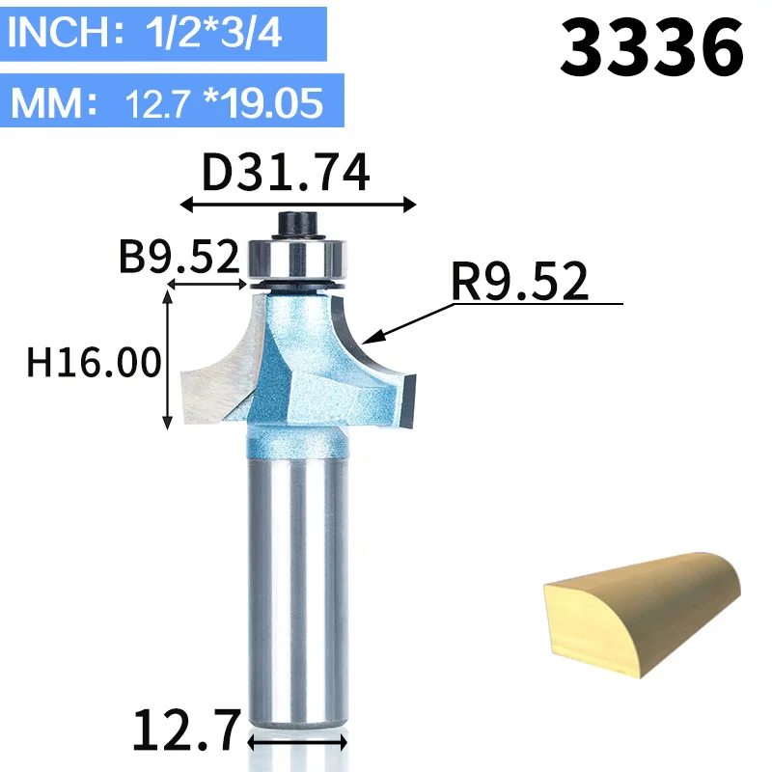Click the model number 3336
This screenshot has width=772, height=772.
(x=652, y=46)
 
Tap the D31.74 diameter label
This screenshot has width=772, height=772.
(x=286, y=172)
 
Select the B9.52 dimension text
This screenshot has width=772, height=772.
(x=179, y=256)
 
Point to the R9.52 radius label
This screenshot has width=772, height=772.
(x=520, y=281)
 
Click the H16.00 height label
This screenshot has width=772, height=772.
(x=94, y=363)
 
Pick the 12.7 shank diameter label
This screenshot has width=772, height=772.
(x=187, y=730)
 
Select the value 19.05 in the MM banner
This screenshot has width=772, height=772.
(x=275, y=103)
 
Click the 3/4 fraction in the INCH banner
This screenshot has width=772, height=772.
(x=251, y=33)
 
